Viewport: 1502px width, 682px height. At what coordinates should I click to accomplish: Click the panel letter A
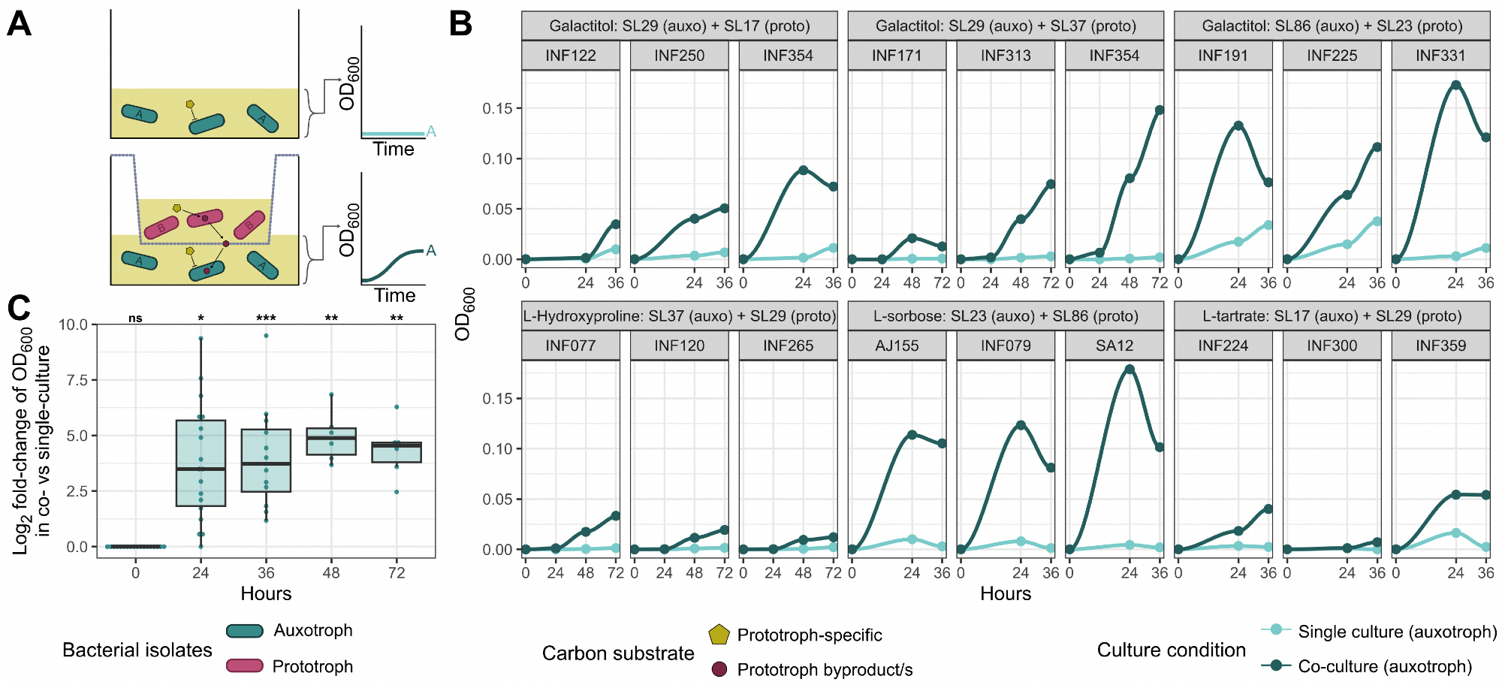(20, 24)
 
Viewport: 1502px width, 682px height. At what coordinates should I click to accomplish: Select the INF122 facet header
(571, 56)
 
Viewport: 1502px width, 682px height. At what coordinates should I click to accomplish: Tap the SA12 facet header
(1114, 346)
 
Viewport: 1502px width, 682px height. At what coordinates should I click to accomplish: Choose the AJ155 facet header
(897, 346)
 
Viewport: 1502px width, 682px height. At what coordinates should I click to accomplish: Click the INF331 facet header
(1440, 56)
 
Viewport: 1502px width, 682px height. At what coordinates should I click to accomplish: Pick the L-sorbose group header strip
(1006, 316)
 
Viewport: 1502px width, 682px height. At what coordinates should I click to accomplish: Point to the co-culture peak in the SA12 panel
(1130, 369)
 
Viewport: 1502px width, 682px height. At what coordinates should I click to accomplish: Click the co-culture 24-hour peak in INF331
(1456, 85)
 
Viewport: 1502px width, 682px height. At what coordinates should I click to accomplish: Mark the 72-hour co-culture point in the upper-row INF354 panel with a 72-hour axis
(1160, 110)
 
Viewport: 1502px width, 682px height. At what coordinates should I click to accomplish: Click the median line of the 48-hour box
(331, 437)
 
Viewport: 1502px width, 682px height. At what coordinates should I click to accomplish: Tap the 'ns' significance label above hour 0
(135, 318)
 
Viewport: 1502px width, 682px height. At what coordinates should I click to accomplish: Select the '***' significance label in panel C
(266, 318)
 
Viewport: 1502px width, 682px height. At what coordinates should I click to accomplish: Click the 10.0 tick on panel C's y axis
(74, 324)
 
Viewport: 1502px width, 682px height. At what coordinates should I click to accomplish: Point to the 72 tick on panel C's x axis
(397, 573)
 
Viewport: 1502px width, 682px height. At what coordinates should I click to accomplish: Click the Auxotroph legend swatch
(245, 631)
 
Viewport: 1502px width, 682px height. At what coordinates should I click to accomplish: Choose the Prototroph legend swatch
(245, 665)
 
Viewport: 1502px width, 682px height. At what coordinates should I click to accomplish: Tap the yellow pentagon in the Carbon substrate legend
(719, 635)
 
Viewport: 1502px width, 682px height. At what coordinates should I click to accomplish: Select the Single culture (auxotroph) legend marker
(1276, 630)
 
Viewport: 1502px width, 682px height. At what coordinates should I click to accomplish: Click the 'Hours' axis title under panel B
(1006, 594)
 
